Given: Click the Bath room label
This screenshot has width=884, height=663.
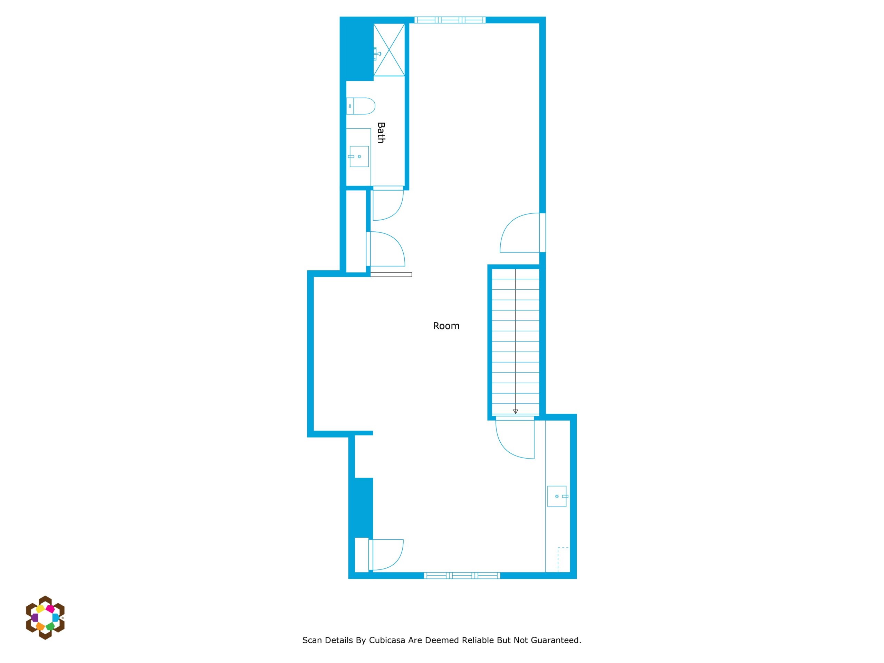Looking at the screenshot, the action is coord(381,133).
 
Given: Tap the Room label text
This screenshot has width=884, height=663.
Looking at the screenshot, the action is coord(446,326).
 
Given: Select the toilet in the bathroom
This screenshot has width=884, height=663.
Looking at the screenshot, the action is coord(361,106).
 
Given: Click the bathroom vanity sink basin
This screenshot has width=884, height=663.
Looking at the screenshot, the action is coord(359,157).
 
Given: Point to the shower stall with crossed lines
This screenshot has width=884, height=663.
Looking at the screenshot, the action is coord(389,50).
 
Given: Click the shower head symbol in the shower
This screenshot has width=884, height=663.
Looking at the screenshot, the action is coord(377,54).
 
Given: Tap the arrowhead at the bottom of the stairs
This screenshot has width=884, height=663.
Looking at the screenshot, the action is coord(516,412).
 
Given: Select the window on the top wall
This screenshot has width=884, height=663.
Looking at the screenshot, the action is coord(450,20).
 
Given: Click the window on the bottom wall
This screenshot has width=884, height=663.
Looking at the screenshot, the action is coord(462,576).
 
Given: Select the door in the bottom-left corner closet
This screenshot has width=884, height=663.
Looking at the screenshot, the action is coord(386,555).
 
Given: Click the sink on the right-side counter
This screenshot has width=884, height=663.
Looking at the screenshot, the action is coord(557,496).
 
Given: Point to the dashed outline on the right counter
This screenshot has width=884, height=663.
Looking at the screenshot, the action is coord(563,560).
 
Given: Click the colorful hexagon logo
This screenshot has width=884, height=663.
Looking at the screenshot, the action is coord(45,617).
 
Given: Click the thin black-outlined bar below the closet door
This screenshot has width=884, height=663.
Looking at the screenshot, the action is coord(391,275).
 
